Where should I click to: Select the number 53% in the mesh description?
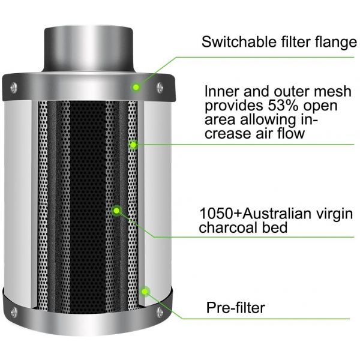coord(283,106)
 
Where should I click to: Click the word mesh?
coord(332,91)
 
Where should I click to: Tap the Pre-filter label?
coord(236,307)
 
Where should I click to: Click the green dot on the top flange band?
coord(136,87)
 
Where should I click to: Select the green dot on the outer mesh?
coord(133,145)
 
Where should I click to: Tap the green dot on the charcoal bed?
coord(116,211)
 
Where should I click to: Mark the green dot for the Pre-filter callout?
coord(145,292)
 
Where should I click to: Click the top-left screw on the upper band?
coord(14,88)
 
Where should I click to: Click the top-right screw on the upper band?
coord(160,88)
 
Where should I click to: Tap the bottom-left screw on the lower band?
coord(14,313)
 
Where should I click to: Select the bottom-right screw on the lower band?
coord(160,313)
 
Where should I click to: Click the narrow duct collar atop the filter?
coord(88,49)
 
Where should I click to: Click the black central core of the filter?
coord(88,206)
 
